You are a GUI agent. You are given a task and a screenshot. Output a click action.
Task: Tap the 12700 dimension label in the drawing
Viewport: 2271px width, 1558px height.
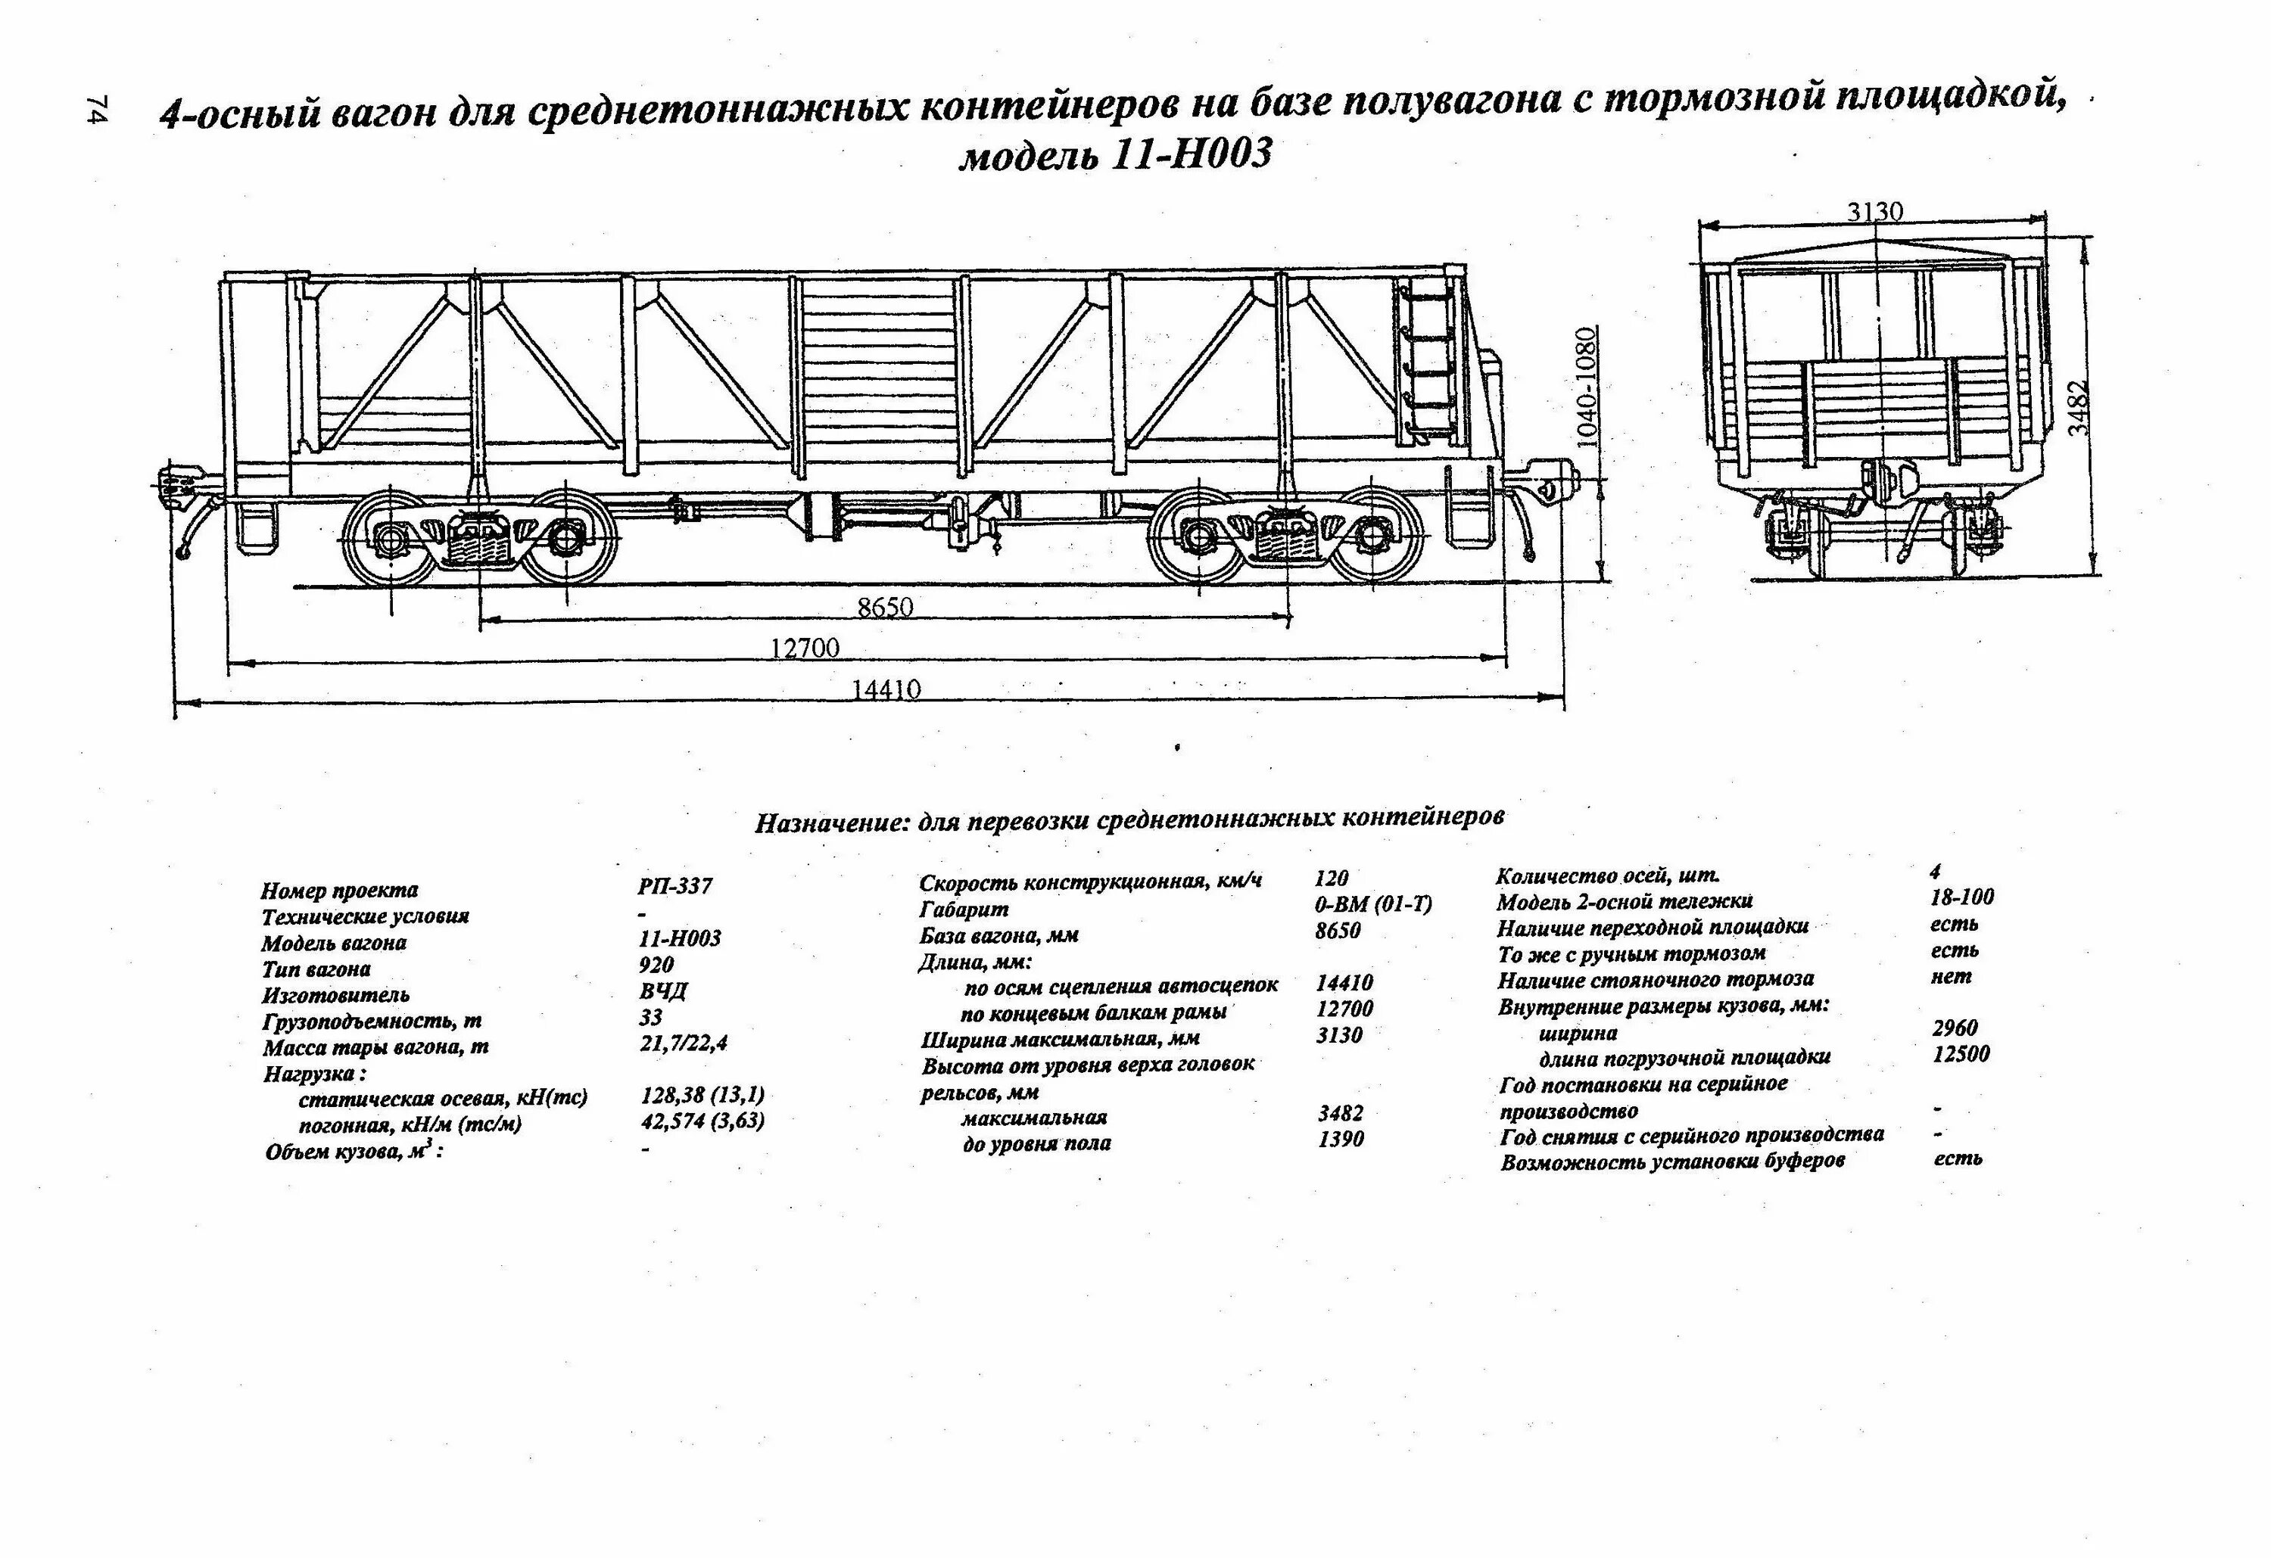click(804, 648)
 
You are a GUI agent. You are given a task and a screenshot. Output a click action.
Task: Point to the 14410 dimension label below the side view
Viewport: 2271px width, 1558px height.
click(886, 689)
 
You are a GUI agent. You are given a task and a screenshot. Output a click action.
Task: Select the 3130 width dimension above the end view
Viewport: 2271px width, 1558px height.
click(1875, 212)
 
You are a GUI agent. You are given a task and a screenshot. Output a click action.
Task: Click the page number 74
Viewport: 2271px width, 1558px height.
click(97, 110)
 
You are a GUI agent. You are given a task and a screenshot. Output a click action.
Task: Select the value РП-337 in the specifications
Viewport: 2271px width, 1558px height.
click(675, 886)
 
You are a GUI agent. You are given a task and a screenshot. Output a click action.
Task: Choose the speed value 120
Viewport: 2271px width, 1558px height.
click(1331, 879)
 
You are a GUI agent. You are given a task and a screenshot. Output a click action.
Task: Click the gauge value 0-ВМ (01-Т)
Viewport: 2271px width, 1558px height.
click(1373, 904)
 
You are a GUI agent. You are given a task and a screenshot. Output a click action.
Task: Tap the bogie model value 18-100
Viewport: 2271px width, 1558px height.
click(1962, 897)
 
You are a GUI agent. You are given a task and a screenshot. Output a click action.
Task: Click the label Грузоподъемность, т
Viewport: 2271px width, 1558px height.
click(372, 1022)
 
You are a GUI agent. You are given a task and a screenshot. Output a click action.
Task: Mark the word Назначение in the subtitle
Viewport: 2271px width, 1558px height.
click(830, 823)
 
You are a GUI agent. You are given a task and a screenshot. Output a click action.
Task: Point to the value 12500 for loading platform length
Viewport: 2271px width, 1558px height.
click(1961, 1054)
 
